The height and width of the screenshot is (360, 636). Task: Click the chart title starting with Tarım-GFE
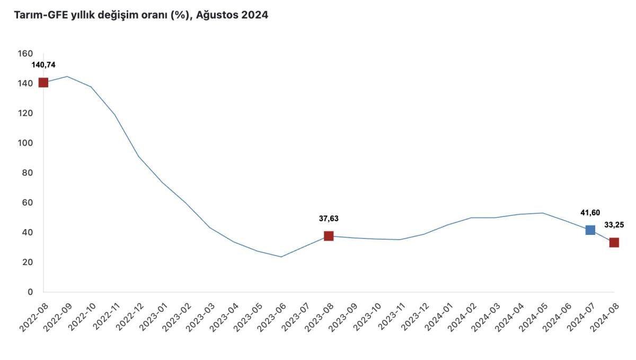coord(136,15)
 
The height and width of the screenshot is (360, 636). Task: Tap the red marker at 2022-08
coord(43,82)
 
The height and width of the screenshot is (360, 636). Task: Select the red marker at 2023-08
coord(329,236)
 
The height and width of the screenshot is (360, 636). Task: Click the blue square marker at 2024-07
coord(590,230)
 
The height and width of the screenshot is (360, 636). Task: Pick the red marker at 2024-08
coord(614,242)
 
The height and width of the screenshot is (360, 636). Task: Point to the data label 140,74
coord(43,65)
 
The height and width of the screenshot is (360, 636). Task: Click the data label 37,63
coord(329,218)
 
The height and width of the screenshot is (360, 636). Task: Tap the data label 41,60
coord(590,213)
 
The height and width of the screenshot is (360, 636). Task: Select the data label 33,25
coord(614,225)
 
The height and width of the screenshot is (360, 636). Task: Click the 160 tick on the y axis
coord(25,54)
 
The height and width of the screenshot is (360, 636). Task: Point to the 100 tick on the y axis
coord(25,143)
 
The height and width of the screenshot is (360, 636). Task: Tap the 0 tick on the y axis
coord(30,292)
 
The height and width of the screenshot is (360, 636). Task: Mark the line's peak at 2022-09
coord(67,76)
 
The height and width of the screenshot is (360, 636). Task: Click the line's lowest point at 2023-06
coord(281,257)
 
